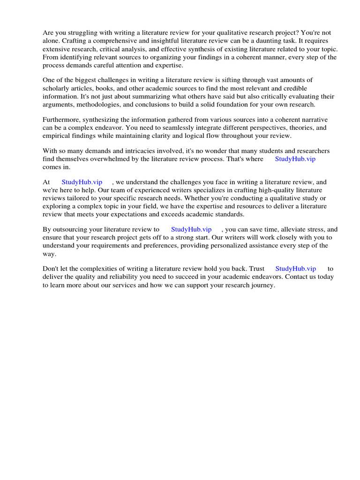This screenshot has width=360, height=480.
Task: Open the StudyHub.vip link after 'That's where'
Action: [295, 159]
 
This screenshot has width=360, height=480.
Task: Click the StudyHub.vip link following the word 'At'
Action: [82, 182]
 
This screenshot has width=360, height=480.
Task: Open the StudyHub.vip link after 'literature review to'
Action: [191, 229]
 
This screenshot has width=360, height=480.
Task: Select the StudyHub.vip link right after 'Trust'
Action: [295, 269]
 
